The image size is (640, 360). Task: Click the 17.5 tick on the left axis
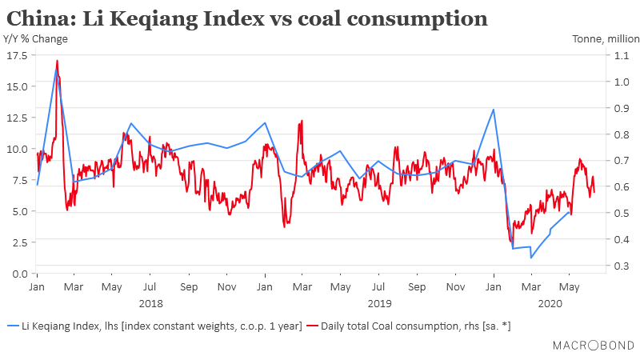[17, 55]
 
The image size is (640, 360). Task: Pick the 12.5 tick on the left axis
[17, 118]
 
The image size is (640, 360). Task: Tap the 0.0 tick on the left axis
[20, 274]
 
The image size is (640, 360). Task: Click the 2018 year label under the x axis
[150, 303]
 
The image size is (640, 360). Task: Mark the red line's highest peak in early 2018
[57, 61]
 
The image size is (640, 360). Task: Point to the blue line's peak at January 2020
[494, 110]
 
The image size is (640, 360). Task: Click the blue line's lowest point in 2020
[530, 258]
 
